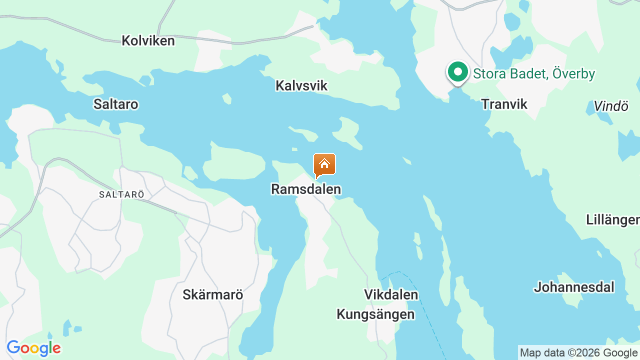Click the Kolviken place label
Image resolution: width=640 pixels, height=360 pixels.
[148, 40]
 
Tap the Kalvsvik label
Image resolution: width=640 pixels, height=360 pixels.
[301, 85]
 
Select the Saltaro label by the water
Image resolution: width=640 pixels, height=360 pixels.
[115, 104]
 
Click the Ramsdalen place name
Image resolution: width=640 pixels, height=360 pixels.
[306, 189]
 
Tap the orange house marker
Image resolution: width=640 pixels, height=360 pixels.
[324, 164]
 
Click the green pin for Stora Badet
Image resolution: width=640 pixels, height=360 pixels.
[457, 72]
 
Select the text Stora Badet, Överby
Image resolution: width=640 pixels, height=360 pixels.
[534, 74]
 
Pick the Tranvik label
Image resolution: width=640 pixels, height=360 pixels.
[504, 104]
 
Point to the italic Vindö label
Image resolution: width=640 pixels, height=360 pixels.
[610, 106]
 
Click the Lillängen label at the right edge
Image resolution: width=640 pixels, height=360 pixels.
[612, 219]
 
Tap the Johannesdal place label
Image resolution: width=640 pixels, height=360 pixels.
[574, 287]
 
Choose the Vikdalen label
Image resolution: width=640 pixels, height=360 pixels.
[391, 294]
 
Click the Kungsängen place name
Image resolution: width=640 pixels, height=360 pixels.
[375, 314]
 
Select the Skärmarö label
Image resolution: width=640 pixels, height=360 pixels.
[212, 294]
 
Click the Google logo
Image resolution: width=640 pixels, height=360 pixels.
[33, 348]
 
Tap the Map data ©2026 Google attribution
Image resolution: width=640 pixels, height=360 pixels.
[578, 353]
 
